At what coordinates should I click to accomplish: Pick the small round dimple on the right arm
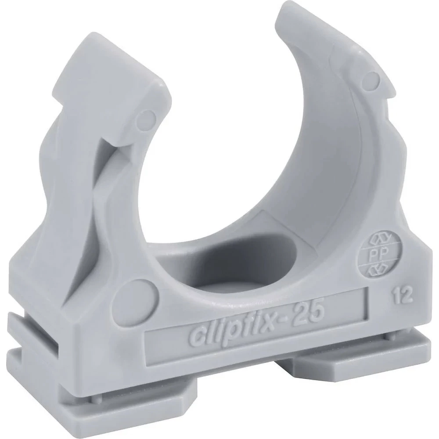[372, 79]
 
